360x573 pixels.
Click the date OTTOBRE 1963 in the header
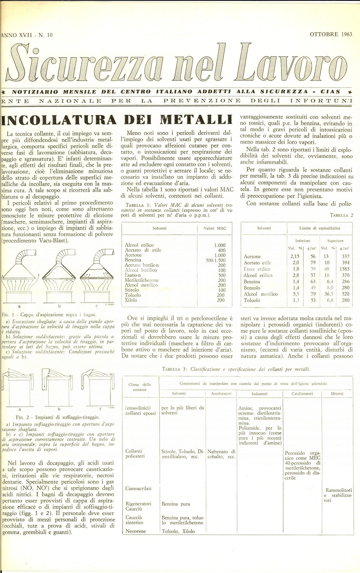coord(330,35)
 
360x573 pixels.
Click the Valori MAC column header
coord(215,228)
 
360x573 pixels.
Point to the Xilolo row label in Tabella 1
coord(131,300)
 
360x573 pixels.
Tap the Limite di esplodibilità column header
coord(320,228)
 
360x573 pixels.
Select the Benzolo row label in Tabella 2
coord(252,288)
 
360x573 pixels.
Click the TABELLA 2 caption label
coord(342,215)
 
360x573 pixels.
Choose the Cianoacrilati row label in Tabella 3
coord(138,488)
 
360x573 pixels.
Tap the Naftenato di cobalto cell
coord(221,454)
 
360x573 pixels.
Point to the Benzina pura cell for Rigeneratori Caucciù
coord(176,504)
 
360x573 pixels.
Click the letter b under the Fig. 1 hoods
coord(60,306)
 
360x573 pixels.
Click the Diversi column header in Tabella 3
coord(337,394)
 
